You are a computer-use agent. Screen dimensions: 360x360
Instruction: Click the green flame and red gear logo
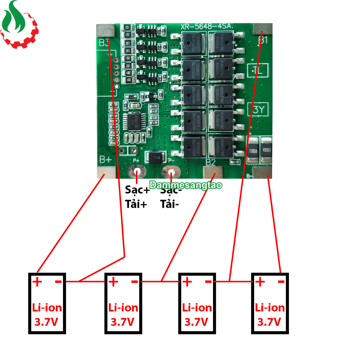coord(19,25)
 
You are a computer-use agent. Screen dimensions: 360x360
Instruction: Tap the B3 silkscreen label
coord(104,43)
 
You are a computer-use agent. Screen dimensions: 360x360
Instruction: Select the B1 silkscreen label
coord(263,40)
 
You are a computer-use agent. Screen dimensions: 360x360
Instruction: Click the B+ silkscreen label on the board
coord(105,160)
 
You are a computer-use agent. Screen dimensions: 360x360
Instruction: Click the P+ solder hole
coord(137,172)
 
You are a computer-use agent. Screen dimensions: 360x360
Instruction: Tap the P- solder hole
coord(172,173)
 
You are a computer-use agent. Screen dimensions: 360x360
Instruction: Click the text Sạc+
coord(137,190)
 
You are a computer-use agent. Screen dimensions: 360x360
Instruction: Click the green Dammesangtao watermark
coord(186,185)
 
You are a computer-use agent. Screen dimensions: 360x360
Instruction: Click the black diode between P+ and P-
coord(155,158)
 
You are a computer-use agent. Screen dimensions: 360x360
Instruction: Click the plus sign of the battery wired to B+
coord(37,282)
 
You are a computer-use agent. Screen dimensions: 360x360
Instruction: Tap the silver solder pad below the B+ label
coord(106,172)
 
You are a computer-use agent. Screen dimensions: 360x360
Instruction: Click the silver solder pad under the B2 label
coord(213,173)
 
